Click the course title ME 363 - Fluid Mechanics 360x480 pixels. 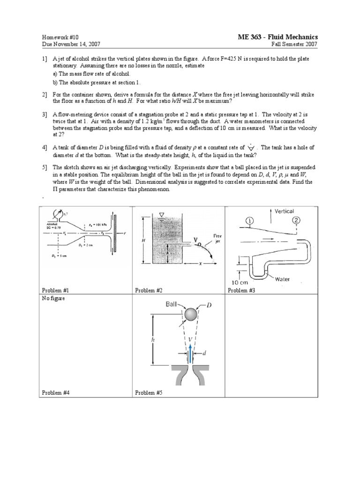pos(278,37)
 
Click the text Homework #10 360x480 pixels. pos(59,37)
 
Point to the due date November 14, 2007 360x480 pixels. pos(71,45)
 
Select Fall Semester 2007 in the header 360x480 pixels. pos(295,45)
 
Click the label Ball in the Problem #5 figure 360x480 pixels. pos(172,304)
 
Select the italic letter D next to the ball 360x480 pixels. pos(210,305)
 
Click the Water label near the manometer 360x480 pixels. pos(283,279)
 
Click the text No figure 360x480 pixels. pos(52,298)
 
